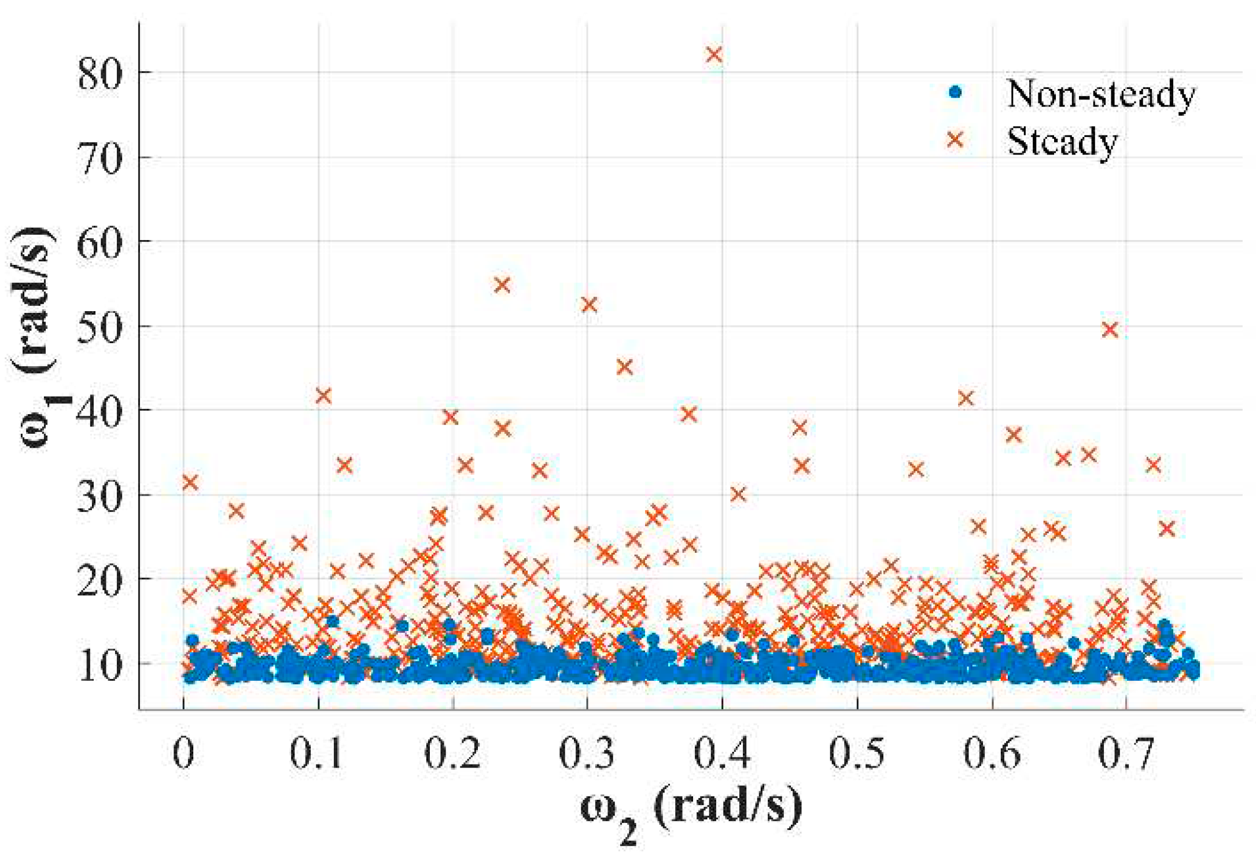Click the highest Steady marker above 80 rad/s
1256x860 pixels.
pyautogui.click(x=714, y=55)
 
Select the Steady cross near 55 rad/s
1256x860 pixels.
pyautogui.click(x=502, y=285)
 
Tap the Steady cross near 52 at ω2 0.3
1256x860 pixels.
pyautogui.click(x=589, y=305)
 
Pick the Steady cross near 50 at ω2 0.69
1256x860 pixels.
pyautogui.click(x=1110, y=330)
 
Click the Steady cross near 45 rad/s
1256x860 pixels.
pyautogui.click(x=624, y=367)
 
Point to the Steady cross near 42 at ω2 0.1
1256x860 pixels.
pyautogui.click(x=323, y=396)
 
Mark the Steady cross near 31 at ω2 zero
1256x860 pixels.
pyautogui.click(x=190, y=482)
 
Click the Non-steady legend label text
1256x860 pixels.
pyautogui.click(x=1100, y=94)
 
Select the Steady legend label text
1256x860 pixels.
pyautogui.click(x=1062, y=142)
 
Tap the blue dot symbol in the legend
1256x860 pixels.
pyautogui.click(x=955, y=92)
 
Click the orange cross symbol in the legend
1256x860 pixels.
pyautogui.click(x=955, y=139)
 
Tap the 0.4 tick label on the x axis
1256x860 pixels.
pyautogui.click(x=721, y=754)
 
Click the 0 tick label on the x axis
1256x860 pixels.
pyautogui.click(x=184, y=754)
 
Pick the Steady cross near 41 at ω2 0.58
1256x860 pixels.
pyautogui.click(x=965, y=398)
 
